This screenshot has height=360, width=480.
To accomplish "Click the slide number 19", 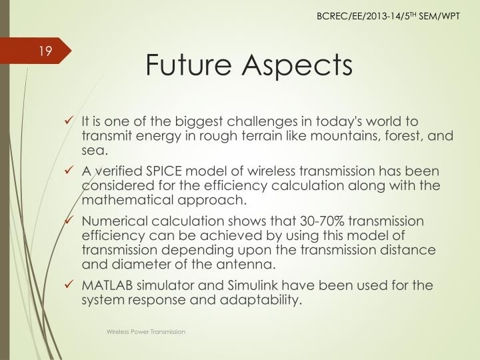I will pos(45,51).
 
